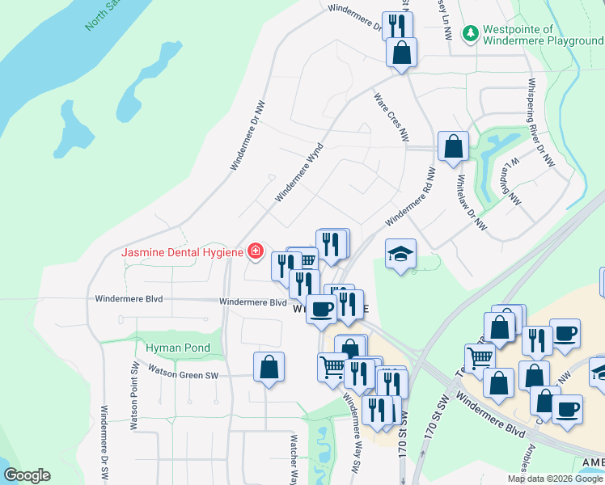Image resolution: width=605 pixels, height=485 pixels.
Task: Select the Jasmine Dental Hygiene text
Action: [182, 252]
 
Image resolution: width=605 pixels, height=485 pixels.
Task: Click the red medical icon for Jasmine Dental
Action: [256, 251]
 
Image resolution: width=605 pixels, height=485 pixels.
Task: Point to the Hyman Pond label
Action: [178, 348]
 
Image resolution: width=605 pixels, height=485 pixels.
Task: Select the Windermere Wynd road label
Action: [299, 171]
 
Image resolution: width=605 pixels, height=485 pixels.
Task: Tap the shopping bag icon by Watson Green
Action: [269, 368]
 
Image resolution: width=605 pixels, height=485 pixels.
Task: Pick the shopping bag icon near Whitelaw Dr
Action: [453, 147]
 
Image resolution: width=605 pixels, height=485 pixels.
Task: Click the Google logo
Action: [27, 475]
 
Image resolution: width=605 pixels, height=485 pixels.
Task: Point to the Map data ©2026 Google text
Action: [554, 479]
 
